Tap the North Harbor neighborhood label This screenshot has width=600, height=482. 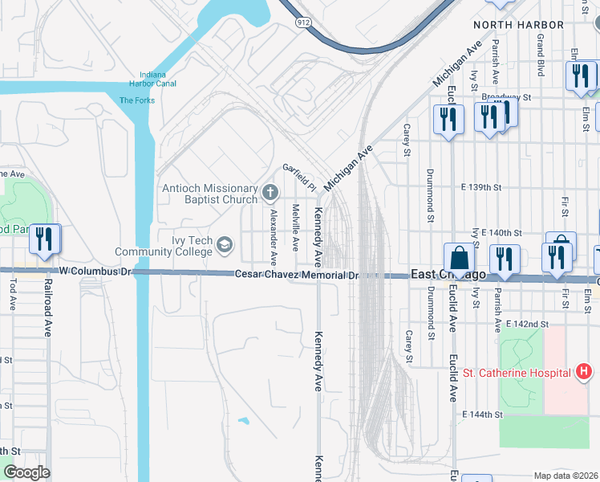point(514,25)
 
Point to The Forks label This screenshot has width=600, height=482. point(136,100)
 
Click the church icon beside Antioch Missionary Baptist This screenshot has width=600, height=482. point(270,193)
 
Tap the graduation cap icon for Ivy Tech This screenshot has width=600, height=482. point(225,244)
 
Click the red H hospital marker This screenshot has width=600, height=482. point(584,371)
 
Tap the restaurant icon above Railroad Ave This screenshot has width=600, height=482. point(45,239)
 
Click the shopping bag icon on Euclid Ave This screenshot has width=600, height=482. point(459,258)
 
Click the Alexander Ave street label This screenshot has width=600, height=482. point(274,237)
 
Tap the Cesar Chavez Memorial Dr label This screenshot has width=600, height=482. point(302,275)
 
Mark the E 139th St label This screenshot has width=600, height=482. point(480,187)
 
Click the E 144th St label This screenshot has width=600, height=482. point(481,415)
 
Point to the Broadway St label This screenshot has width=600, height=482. point(513,97)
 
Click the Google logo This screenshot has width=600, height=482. point(26,472)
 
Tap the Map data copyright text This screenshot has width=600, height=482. point(566,476)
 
